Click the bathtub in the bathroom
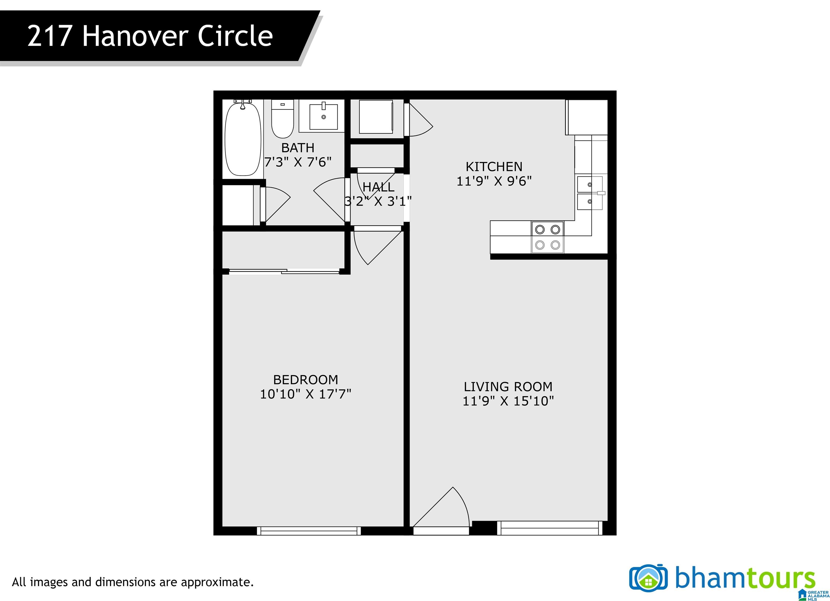[x=243, y=139]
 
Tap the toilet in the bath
[x=283, y=119]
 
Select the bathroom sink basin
[x=323, y=116]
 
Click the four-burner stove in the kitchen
[x=547, y=237]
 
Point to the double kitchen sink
[x=590, y=193]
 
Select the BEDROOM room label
[x=306, y=380]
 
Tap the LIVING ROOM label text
[x=508, y=387]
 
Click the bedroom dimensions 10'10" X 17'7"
[x=306, y=394]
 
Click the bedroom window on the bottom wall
[x=309, y=531]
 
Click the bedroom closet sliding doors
[x=284, y=271]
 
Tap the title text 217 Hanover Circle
[x=150, y=36]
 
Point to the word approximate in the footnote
[x=216, y=582]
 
